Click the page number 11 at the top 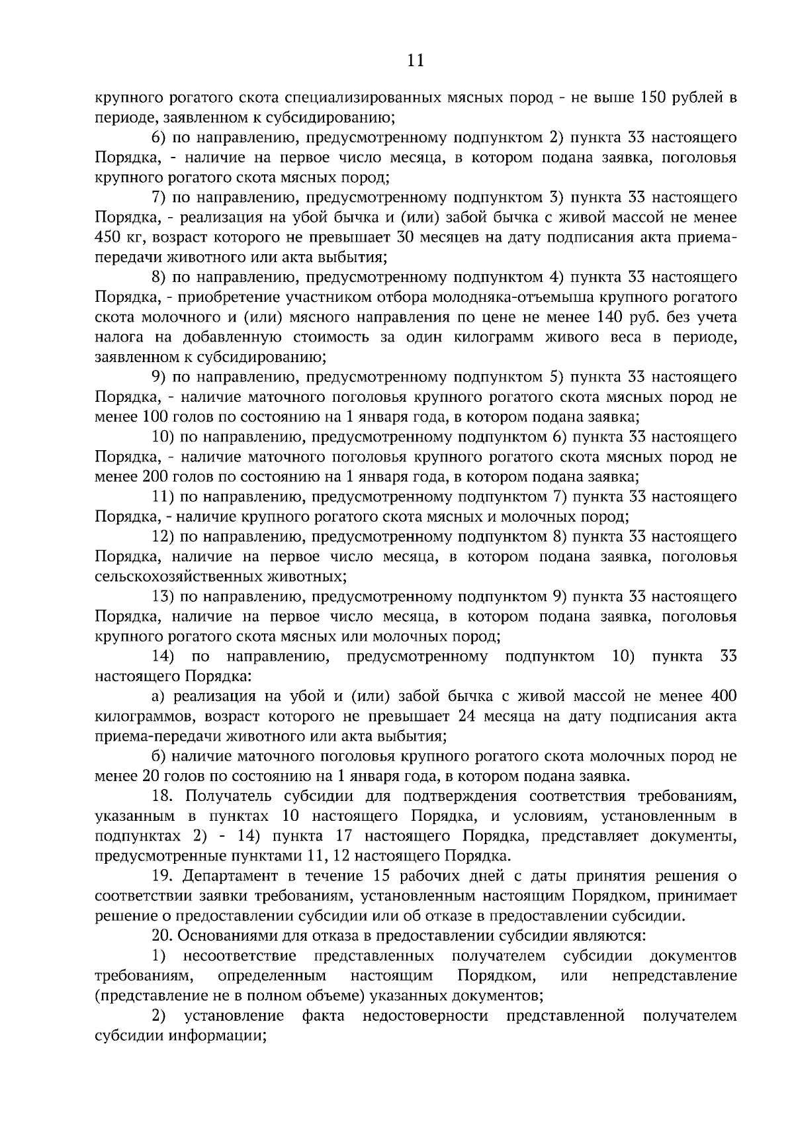point(416,61)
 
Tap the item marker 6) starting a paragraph point(159,138)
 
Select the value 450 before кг point(108,238)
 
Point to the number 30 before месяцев point(406,238)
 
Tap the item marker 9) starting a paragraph point(159,377)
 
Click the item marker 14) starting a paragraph point(163,657)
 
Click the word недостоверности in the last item point(425,1016)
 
